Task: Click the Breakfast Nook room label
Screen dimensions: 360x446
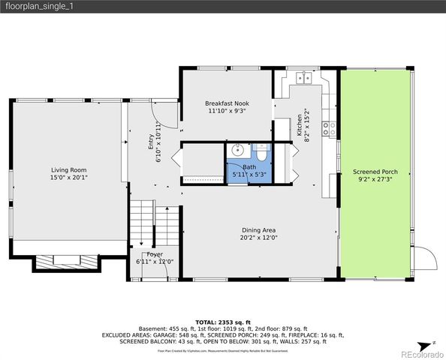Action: click(x=227, y=103)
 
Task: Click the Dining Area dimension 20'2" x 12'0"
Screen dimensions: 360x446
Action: click(x=259, y=238)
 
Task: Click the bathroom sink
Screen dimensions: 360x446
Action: click(x=237, y=149)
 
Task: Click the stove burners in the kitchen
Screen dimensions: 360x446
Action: click(x=329, y=127)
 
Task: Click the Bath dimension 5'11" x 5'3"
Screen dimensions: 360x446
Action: click(x=249, y=174)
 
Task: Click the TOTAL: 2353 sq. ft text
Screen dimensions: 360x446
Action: click(x=223, y=321)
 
